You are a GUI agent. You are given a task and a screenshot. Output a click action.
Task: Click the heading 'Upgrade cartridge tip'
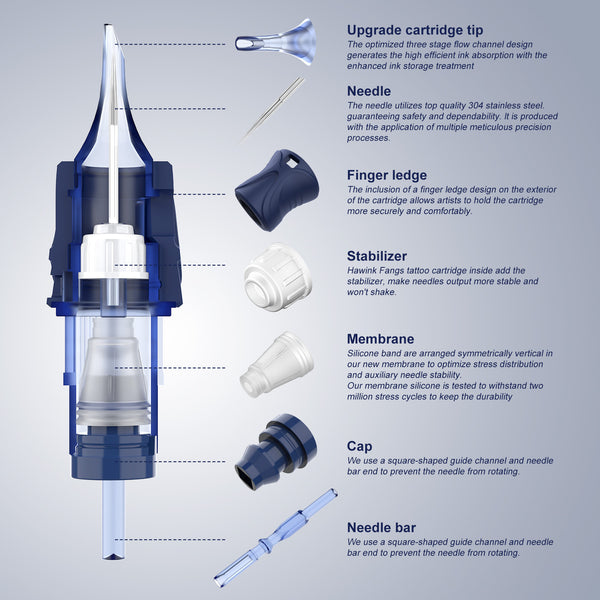[415, 30]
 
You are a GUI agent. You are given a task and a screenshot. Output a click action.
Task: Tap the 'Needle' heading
[368, 91]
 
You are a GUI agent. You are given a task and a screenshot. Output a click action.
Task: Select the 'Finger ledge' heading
[386, 175]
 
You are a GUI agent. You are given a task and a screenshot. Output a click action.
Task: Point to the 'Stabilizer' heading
[377, 256]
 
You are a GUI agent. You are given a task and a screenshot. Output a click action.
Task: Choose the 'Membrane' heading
[380, 339]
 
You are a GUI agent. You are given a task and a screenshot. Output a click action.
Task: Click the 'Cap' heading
[359, 446]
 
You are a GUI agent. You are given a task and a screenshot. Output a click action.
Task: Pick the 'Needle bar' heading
[381, 528]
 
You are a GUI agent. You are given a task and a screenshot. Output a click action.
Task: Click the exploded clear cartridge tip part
[276, 41]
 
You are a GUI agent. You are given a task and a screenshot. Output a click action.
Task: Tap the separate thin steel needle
[272, 109]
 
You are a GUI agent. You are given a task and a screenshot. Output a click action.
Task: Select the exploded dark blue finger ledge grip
[277, 190]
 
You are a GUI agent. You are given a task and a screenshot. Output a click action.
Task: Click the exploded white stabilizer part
[277, 277]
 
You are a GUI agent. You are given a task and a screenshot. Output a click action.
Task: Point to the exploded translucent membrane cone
[277, 364]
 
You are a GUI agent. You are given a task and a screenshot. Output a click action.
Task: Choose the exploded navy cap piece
[276, 452]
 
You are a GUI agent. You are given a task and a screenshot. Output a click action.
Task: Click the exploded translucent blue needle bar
[276, 538]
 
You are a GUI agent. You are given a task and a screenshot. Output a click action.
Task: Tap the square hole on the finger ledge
[292, 163]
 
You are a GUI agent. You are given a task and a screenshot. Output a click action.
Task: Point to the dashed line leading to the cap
[170, 461]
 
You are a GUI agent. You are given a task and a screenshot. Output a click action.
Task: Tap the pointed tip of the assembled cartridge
[108, 26]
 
